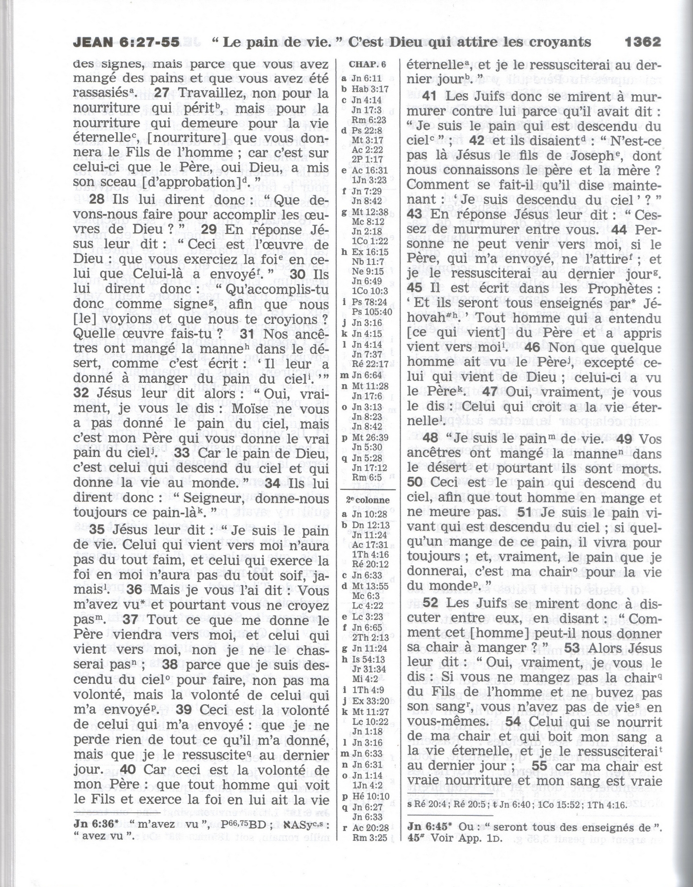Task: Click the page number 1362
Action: (x=642, y=42)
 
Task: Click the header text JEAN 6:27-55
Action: (x=126, y=42)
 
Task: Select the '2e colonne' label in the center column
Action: (x=368, y=500)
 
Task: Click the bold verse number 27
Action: (x=162, y=93)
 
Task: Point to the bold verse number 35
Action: (x=97, y=530)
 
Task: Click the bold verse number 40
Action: (x=128, y=770)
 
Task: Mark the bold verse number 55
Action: (x=540, y=766)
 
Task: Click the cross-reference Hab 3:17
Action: (x=370, y=89)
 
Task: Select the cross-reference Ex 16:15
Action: (x=370, y=252)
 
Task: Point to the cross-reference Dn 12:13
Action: (x=371, y=525)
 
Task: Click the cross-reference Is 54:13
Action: (x=368, y=659)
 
